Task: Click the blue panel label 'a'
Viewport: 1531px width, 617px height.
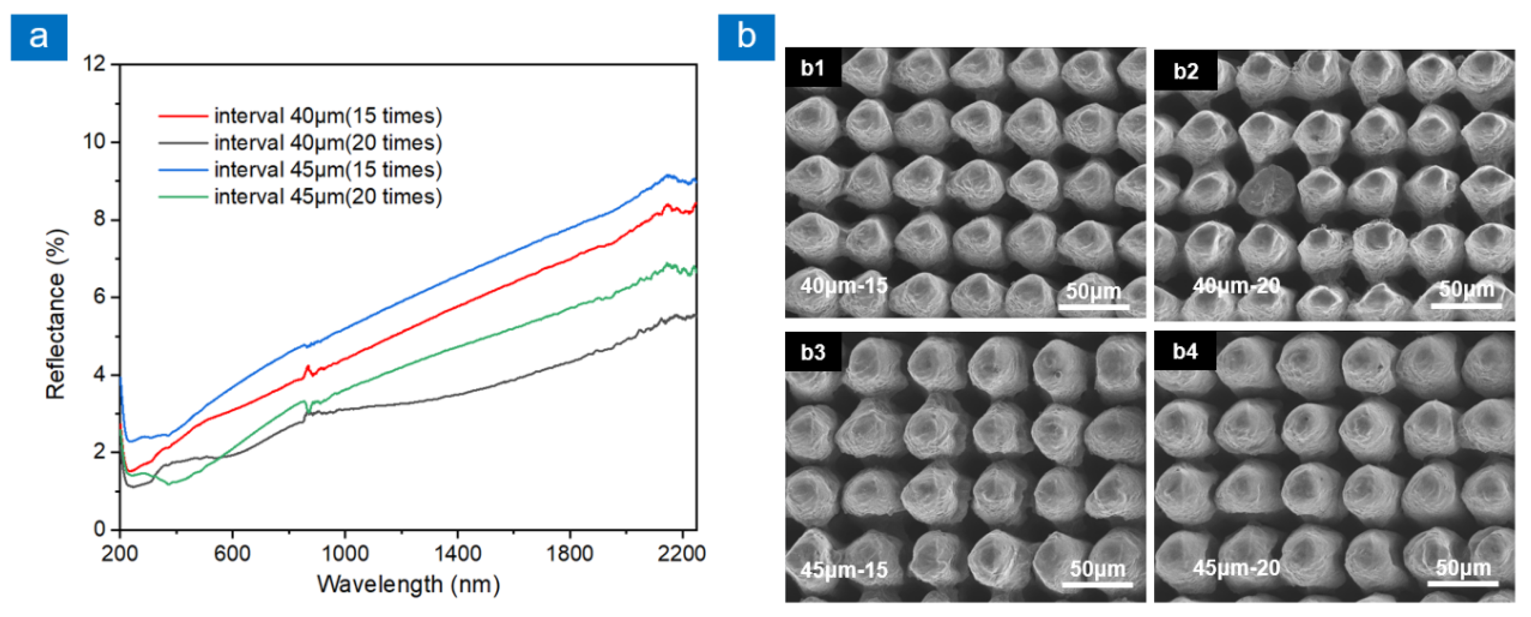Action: point(39,37)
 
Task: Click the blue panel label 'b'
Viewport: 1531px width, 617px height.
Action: point(746,37)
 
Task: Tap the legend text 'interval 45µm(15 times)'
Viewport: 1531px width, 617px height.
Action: point(328,170)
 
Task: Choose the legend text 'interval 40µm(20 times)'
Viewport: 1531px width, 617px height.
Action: point(328,143)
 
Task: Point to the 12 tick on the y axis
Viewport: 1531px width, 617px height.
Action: point(94,64)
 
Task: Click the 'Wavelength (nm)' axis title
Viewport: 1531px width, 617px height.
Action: point(408,584)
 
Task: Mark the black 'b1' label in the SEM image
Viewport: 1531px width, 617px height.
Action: point(812,68)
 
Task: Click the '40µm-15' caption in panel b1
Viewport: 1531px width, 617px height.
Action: point(843,286)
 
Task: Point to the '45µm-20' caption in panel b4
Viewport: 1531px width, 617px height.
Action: point(1236,568)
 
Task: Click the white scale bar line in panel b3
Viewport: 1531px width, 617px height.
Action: point(1097,585)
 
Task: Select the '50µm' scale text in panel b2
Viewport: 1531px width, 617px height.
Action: point(1466,290)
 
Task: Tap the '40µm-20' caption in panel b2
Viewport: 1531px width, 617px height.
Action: point(1236,287)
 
